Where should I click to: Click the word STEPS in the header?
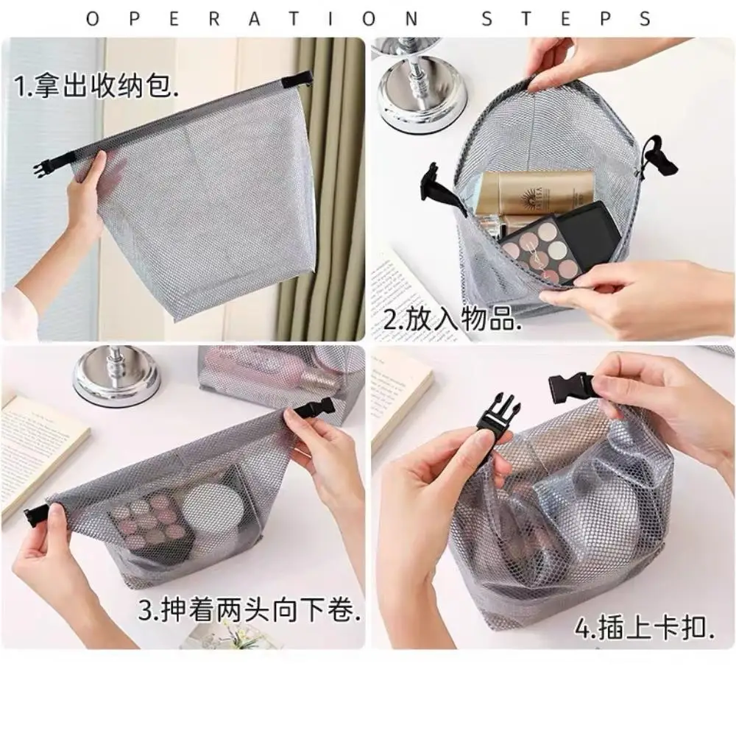point(566,18)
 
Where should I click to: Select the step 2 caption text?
point(452,322)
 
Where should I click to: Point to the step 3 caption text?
point(250,610)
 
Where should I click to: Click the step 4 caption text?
point(645,630)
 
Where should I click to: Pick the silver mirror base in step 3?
point(116,376)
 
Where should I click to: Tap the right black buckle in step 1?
point(300,78)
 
